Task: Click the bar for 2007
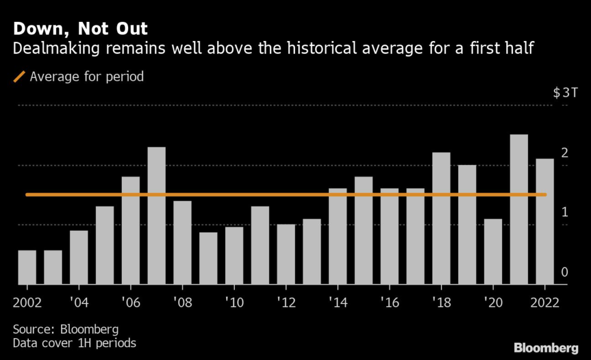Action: click(x=156, y=216)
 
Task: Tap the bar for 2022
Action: click(x=545, y=222)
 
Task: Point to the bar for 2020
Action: click(x=493, y=252)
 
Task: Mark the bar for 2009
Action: click(x=208, y=258)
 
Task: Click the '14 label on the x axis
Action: click(x=338, y=302)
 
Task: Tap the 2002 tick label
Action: click(x=27, y=302)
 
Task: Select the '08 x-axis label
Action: click(x=182, y=302)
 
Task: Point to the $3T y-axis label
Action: click(x=564, y=93)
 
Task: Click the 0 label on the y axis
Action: click(x=565, y=272)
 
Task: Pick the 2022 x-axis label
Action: click(x=544, y=302)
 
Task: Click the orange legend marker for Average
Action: click(x=19, y=76)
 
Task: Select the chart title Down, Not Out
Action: click(x=80, y=29)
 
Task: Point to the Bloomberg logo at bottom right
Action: click(x=546, y=348)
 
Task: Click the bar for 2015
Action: click(x=364, y=230)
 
